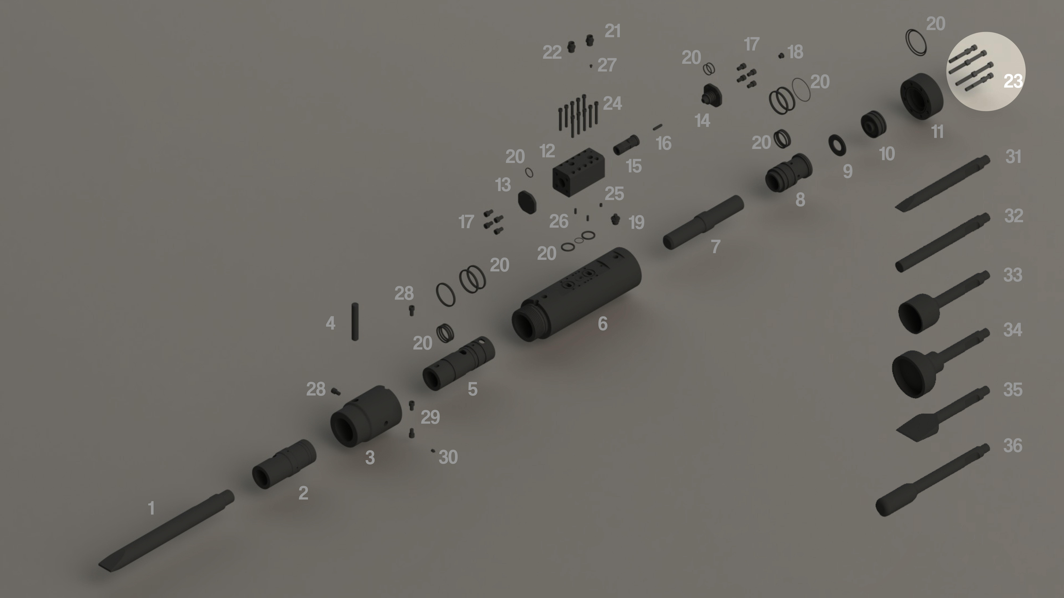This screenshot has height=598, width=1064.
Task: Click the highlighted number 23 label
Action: [x=1013, y=81]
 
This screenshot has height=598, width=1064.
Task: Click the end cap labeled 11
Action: [x=922, y=96]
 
